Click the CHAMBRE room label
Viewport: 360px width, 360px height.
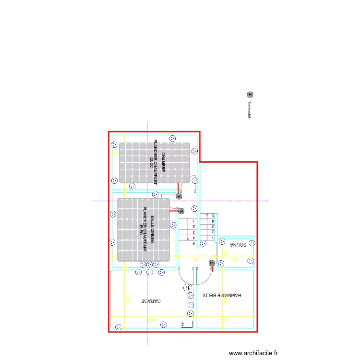163,162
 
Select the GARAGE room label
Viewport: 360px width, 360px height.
151,301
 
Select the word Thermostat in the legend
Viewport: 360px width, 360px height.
250,109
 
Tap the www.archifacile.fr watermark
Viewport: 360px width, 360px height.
253,353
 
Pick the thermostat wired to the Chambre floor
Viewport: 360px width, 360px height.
179,195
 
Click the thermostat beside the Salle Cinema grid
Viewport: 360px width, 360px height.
181,211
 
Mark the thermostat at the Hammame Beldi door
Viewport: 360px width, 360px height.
212,263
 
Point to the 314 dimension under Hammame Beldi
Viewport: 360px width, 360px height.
224,320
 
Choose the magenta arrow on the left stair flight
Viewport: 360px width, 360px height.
187,231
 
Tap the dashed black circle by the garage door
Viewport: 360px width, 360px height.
187,288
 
